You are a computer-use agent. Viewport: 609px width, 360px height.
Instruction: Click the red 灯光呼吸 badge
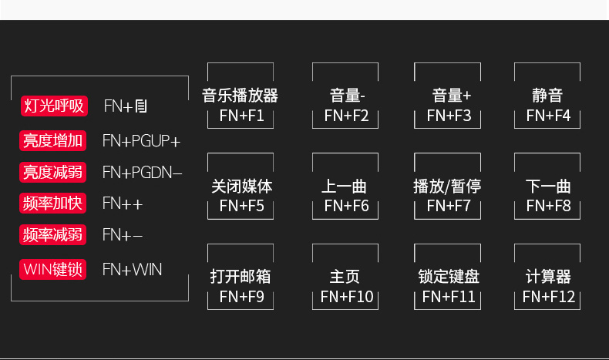point(53,106)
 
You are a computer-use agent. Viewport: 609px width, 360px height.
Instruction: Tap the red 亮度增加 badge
point(53,140)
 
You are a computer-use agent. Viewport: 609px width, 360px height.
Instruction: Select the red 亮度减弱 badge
point(53,172)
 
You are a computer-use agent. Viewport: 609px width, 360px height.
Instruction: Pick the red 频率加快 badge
point(53,204)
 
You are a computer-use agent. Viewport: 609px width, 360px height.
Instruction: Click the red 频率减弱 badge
point(53,234)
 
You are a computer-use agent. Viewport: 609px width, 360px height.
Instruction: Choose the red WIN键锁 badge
point(53,270)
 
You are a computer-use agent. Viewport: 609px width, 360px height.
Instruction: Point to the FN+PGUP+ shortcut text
point(141,141)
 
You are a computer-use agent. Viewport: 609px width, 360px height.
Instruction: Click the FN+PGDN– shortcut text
point(142,172)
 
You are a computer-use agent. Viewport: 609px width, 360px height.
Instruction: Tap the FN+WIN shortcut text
point(132,270)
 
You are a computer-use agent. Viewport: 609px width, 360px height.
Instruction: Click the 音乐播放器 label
point(240,96)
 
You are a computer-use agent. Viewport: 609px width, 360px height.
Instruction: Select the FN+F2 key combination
point(346,116)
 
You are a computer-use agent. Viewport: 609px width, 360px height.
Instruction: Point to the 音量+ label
point(452,96)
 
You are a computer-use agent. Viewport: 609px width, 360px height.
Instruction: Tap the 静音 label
point(547,96)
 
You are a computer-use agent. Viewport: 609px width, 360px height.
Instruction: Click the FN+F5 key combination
point(241,206)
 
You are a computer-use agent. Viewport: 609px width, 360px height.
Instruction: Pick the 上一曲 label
point(344,187)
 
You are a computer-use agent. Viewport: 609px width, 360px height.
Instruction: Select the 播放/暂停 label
point(447,187)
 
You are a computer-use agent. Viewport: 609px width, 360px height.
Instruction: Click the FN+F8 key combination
point(548,206)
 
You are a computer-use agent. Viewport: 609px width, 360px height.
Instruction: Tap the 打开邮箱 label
point(241,276)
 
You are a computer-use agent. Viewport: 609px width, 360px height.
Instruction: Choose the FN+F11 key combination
point(449,297)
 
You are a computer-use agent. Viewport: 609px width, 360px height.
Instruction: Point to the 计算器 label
point(548,276)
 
